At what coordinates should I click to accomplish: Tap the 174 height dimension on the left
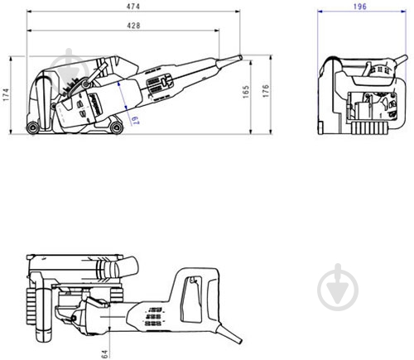pos(7,96)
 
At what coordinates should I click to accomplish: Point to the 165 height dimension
pos(246,91)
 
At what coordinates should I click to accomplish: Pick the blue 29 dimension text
pos(132,120)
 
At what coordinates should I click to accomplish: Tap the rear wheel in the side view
pos(33,127)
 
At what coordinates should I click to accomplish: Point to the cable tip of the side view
pos(239,58)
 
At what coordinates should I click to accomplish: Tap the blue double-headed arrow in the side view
pos(124,104)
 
